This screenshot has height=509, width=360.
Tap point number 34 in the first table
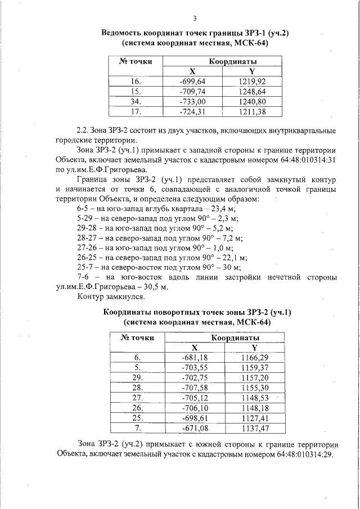coord(135,101)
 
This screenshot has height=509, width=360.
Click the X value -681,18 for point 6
coord(195,357)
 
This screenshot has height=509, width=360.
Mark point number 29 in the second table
coord(137,377)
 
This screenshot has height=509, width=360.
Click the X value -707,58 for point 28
coord(195,388)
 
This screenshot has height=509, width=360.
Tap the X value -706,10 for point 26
coord(195,407)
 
